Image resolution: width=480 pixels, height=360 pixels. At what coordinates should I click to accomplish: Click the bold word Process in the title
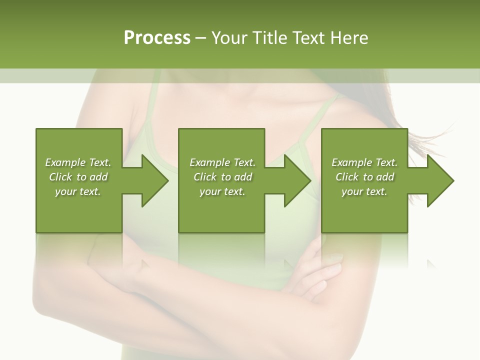coord(157,38)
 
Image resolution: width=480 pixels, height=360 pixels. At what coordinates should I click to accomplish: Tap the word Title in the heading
coord(270,38)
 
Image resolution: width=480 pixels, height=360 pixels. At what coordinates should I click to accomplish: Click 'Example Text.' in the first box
coord(78,162)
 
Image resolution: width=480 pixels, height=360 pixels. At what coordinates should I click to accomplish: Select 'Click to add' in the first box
coord(78,177)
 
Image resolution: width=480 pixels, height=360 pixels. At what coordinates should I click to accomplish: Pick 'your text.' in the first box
coord(78,191)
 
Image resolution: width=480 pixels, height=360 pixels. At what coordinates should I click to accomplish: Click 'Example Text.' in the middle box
coord(222,162)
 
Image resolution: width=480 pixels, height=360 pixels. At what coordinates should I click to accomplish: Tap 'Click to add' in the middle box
coord(222,177)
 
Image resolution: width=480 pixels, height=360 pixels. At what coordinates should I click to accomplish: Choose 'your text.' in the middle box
coord(222,191)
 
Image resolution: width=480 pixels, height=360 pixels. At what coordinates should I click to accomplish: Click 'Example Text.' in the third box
coord(364,162)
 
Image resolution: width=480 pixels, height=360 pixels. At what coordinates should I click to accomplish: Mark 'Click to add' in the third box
coord(364,177)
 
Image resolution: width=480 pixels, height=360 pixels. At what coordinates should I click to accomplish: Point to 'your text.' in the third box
coord(364,191)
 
